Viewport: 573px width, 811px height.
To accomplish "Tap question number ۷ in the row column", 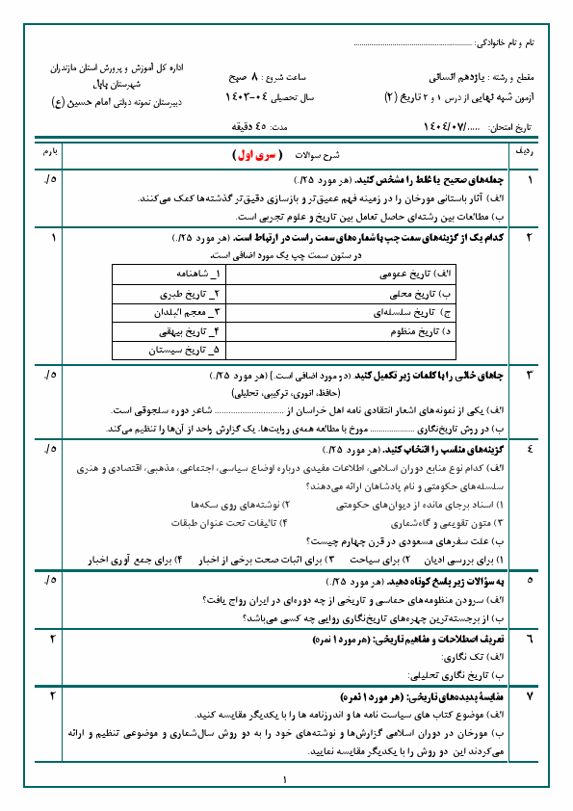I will (530, 694).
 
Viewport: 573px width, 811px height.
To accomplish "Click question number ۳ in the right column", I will (530, 374).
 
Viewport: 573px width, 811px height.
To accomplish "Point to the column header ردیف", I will (530, 153).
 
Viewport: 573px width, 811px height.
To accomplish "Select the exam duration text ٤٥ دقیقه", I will (255, 126).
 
